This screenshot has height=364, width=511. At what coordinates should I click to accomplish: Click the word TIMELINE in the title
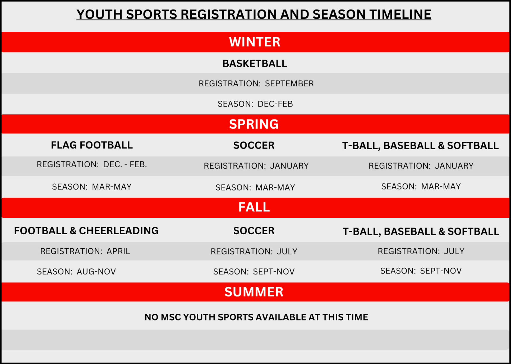coord(400,14)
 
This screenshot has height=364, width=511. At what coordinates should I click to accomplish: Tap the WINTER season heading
coord(255,42)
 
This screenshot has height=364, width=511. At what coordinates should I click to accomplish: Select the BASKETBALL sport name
coord(255,63)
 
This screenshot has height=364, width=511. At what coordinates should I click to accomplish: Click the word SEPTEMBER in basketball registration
coord(289,84)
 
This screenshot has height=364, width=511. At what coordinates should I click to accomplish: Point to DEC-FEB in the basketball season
coord(275,104)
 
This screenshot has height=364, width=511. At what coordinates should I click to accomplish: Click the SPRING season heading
coord(254,124)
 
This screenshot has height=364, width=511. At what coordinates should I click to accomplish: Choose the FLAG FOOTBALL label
coord(92,145)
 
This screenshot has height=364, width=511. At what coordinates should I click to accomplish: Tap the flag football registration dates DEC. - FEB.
coord(125,164)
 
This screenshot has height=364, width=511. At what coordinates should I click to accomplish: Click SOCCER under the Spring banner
coord(254,145)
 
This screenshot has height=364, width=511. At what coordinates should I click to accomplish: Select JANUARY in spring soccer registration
coord(289,166)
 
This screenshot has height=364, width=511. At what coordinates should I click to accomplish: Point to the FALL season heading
coord(254,207)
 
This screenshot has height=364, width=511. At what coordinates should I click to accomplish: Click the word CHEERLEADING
coord(118,231)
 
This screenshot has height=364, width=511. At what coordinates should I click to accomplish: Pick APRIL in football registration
coord(118,251)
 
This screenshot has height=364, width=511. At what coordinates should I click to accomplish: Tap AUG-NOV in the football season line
coord(96,272)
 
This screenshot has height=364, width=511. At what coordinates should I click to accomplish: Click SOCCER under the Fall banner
coord(254,231)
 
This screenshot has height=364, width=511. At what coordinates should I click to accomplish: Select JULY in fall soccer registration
coord(287,251)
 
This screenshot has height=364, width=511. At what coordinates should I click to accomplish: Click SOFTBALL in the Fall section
coord(473,231)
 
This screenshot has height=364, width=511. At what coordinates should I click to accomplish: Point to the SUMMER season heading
coord(254,292)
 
